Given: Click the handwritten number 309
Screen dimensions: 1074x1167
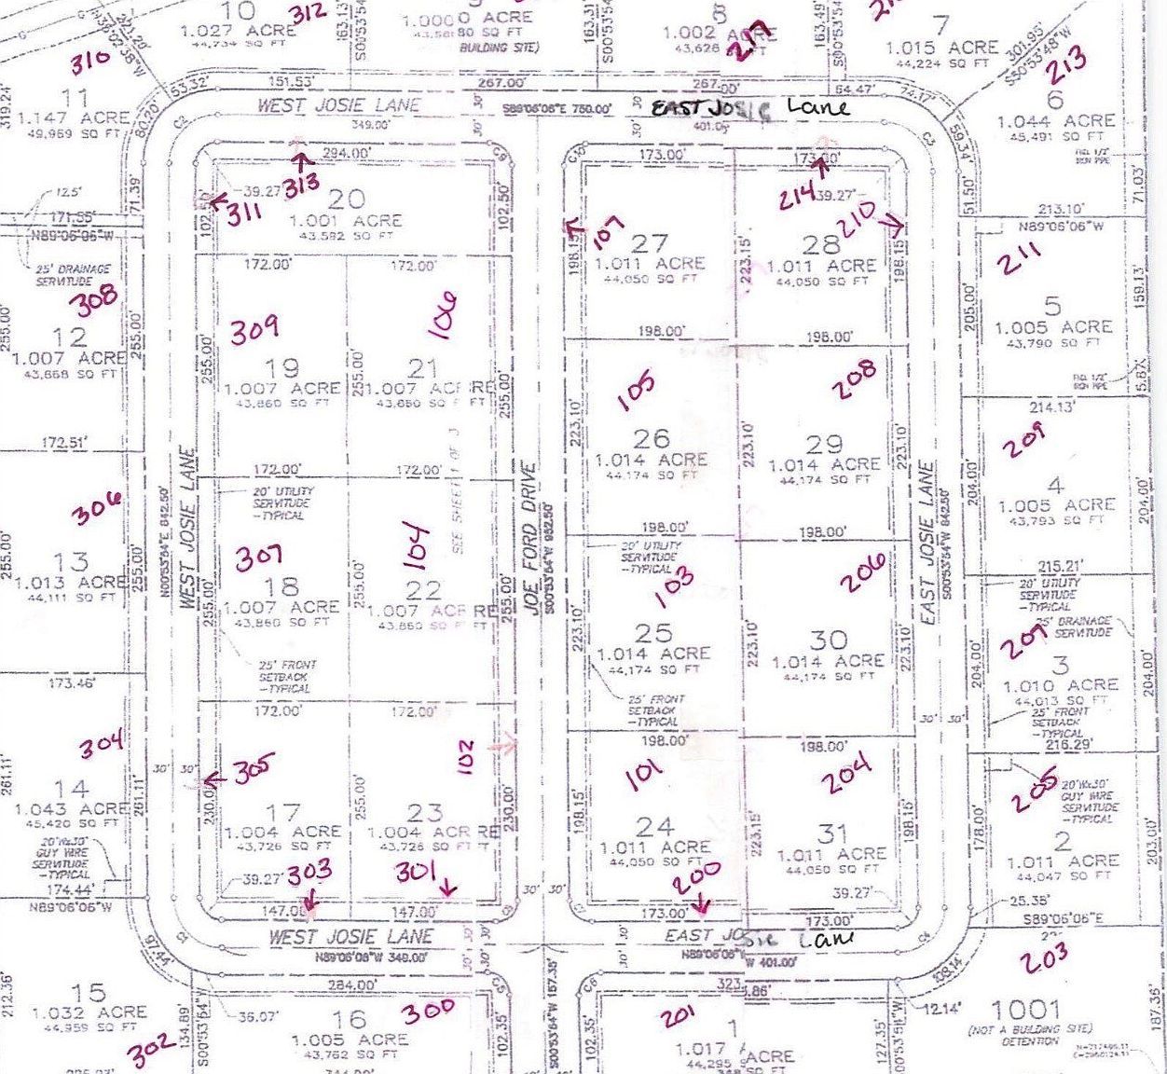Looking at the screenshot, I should coord(254,330).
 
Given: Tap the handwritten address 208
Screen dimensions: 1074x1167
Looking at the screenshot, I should coord(855,379).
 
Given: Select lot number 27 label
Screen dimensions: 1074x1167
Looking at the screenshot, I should coord(649,243).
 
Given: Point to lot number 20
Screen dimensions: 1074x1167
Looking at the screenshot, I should coord(346,199).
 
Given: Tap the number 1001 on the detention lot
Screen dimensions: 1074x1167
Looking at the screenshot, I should coord(1025,1009).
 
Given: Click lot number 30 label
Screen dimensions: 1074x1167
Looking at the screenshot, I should coord(828,640).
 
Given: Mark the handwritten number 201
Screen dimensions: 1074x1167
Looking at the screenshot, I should coord(678,1015).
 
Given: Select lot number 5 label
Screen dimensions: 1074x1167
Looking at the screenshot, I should coord(1052,305).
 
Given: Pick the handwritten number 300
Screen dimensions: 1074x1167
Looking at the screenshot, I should coord(429,1009).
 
